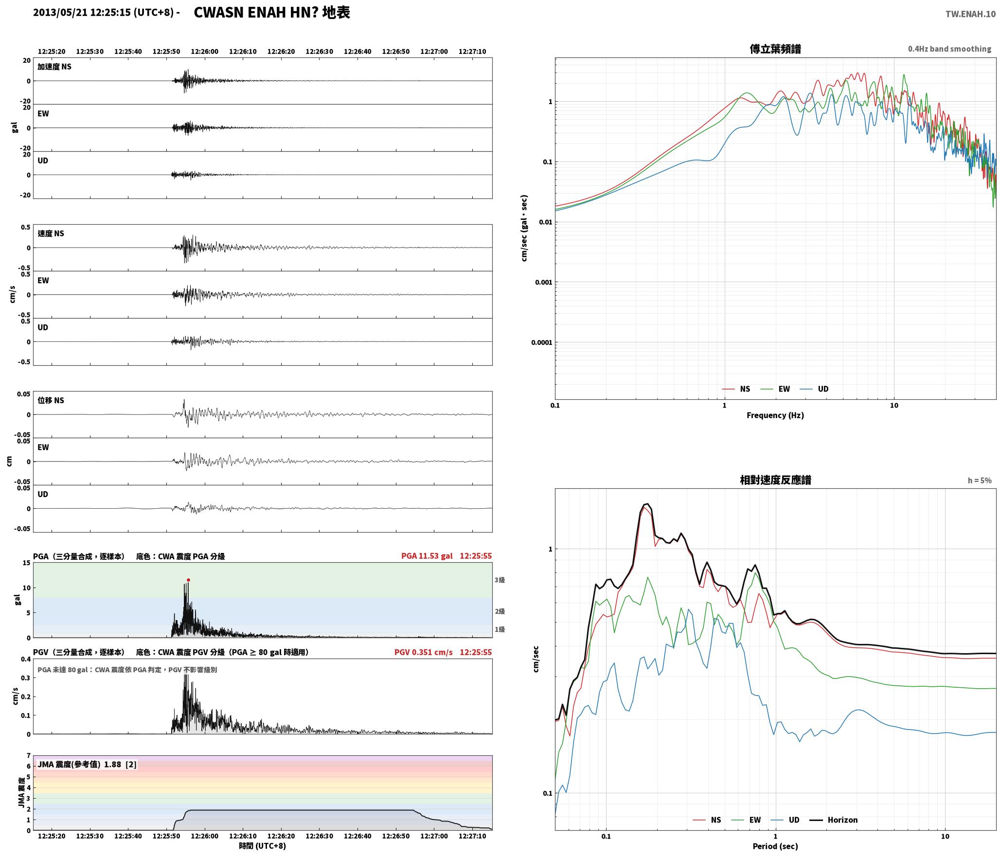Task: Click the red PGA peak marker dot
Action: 188,580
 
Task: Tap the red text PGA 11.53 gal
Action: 427,556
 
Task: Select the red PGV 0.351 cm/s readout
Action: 423,652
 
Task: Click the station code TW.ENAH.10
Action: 970,14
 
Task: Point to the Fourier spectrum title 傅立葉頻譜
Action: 775,49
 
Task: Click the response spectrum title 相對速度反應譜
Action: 775,480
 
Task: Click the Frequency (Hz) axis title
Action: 775,415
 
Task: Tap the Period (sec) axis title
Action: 775,846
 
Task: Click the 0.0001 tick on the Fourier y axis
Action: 541,342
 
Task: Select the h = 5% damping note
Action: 980,481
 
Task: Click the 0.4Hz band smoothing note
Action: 949,49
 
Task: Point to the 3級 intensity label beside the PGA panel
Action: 500,580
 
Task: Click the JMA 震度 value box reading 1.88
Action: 87,765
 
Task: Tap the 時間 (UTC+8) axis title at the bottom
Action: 262,846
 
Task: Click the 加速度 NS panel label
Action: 54,67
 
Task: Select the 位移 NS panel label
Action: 51,400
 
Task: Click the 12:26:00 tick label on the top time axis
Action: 205,52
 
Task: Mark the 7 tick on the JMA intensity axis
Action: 29,756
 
